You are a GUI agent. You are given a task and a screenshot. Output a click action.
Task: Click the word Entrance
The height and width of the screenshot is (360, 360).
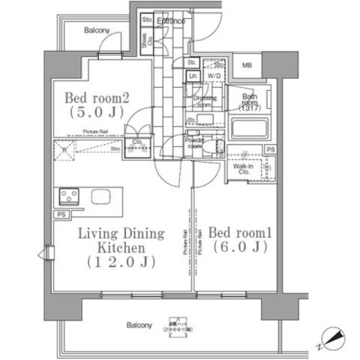(170, 21)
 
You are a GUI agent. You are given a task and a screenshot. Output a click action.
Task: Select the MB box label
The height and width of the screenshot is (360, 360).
(247, 65)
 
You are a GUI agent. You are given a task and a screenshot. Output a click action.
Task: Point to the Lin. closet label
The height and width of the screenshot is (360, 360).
(192, 77)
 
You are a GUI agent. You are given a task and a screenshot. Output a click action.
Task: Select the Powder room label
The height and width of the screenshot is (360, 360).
(196, 143)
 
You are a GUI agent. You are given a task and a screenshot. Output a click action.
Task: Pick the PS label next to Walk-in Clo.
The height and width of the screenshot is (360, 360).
(271, 150)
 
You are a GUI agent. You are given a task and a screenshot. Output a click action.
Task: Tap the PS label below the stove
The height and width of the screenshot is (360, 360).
(59, 215)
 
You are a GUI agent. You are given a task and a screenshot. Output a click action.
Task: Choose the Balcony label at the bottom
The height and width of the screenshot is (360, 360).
(139, 325)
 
